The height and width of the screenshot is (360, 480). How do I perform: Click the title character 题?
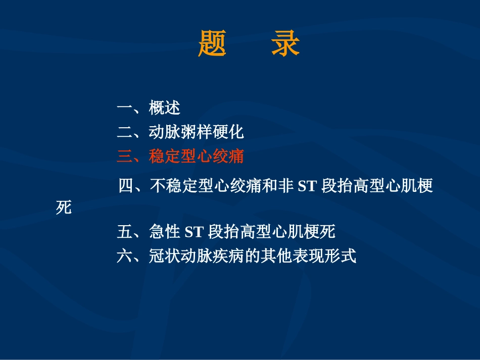coord(212,44)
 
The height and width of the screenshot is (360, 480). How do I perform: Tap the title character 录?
coord(285,44)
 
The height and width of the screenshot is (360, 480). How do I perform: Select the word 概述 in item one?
coord(165,108)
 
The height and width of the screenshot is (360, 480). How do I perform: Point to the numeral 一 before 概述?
coord(124,108)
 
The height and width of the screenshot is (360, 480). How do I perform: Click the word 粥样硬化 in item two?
coord(212,132)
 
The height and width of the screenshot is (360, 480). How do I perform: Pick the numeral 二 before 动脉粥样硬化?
coord(124,132)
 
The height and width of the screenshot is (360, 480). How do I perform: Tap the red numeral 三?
coord(124,157)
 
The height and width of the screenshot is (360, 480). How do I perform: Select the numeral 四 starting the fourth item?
coord(126,186)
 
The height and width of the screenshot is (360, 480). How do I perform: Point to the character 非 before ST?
coord(285,186)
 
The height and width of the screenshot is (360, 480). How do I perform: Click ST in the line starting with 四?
coord(307,187)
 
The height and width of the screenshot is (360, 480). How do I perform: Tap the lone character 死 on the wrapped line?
coord(64,208)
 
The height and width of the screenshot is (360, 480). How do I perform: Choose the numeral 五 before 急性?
coord(124,232)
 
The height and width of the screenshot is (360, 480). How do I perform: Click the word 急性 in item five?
coord(165,232)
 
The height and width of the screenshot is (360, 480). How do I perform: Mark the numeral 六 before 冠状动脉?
coord(124,256)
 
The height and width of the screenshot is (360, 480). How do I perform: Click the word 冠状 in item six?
coord(165,256)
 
